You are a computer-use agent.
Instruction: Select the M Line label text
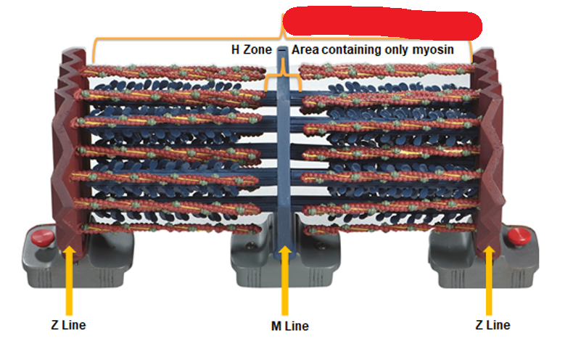click(284, 326)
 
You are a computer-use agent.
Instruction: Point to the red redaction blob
click(382, 24)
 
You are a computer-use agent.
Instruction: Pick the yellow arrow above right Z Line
click(489, 279)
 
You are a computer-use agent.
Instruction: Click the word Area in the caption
click(306, 50)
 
